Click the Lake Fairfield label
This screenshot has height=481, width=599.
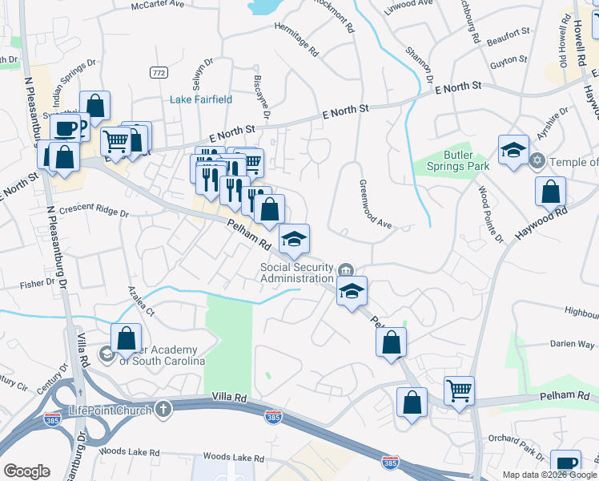tap(201, 99)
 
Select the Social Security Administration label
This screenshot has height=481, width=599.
tap(296, 273)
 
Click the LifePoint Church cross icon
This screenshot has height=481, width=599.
tap(163, 410)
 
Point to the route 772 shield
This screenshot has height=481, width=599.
tap(158, 72)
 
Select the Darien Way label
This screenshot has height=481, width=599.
tap(572, 344)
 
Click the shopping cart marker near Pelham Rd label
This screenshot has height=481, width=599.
tap(459, 391)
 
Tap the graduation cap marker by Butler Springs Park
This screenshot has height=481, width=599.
tap(513, 150)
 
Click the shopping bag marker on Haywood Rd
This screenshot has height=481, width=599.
tap(550, 192)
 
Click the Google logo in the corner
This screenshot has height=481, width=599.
tap(26, 471)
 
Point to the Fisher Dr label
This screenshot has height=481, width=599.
tap(38, 282)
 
